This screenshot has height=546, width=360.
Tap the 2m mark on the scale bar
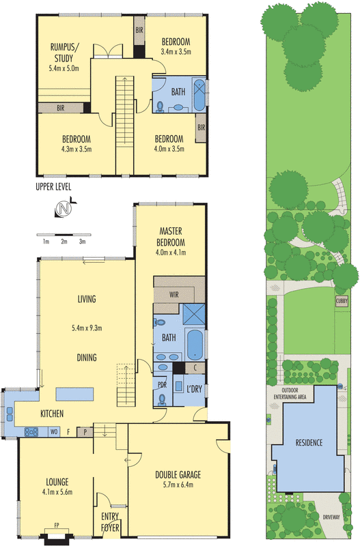pyautogui.click(x=64, y=242)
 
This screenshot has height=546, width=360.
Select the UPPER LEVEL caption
pyautogui.click(x=53, y=186)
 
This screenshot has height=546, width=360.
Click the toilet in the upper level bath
pyautogui.click(x=161, y=106)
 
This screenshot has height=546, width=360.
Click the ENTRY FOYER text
pyautogui.click(x=110, y=521)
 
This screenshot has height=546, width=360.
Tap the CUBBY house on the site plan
pyautogui.click(x=342, y=300)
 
